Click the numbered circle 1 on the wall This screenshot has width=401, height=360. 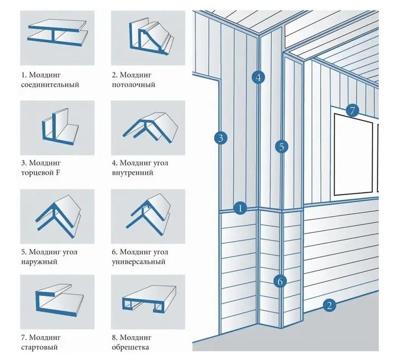(240, 208)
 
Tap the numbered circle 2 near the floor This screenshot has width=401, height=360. (329, 305)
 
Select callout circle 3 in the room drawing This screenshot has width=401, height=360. (220, 138)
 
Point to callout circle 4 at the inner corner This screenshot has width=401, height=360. (258, 77)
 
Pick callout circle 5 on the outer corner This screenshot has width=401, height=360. (282, 147)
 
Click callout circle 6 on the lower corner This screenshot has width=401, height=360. (280, 281)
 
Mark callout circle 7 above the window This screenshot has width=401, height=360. (352, 110)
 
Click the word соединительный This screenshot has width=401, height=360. (50, 85)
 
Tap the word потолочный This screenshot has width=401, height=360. (133, 85)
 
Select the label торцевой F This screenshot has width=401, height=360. (41, 173)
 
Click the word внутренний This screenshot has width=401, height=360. (132, 173)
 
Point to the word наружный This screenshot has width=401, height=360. (39, 262)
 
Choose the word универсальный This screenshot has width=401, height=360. (139, 262)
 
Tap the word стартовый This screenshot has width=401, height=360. (39, 347)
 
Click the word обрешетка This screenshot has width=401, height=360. (131, 347)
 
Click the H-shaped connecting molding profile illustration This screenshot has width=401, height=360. (58, 33)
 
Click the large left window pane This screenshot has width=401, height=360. (353, 154)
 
